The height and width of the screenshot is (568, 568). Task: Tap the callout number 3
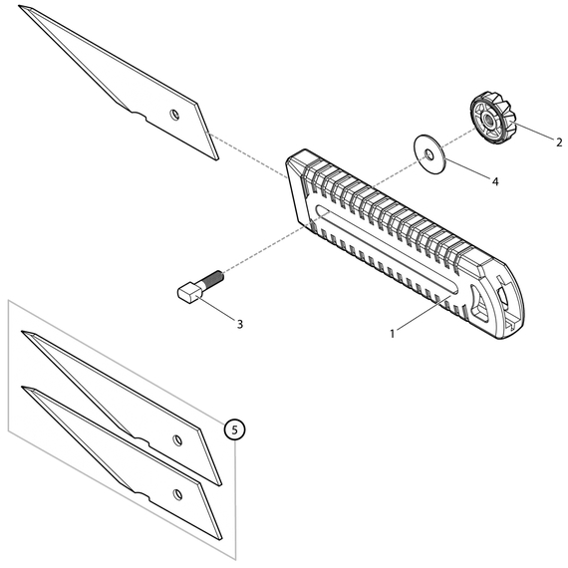(x=239, y=324)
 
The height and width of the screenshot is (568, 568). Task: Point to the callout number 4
(x=493, y=181)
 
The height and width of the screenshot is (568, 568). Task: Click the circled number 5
(x=233, y=429)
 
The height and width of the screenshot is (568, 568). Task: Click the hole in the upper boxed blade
(x=177, y=439)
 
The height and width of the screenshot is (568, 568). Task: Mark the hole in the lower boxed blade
(x=177, y=493)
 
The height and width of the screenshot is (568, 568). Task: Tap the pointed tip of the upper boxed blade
(x=24, y=334)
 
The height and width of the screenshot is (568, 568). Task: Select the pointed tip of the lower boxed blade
(x=24, y=388)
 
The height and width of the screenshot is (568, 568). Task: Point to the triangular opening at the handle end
(x=488, y=300)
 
